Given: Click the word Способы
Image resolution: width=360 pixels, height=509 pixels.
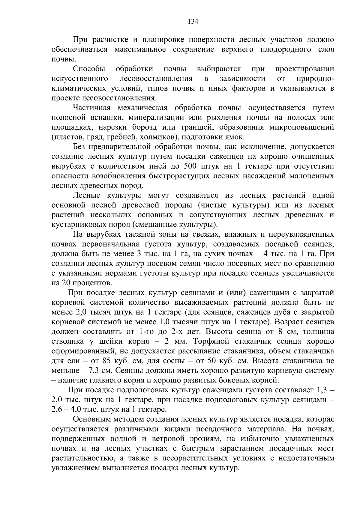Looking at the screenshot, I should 89,69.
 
